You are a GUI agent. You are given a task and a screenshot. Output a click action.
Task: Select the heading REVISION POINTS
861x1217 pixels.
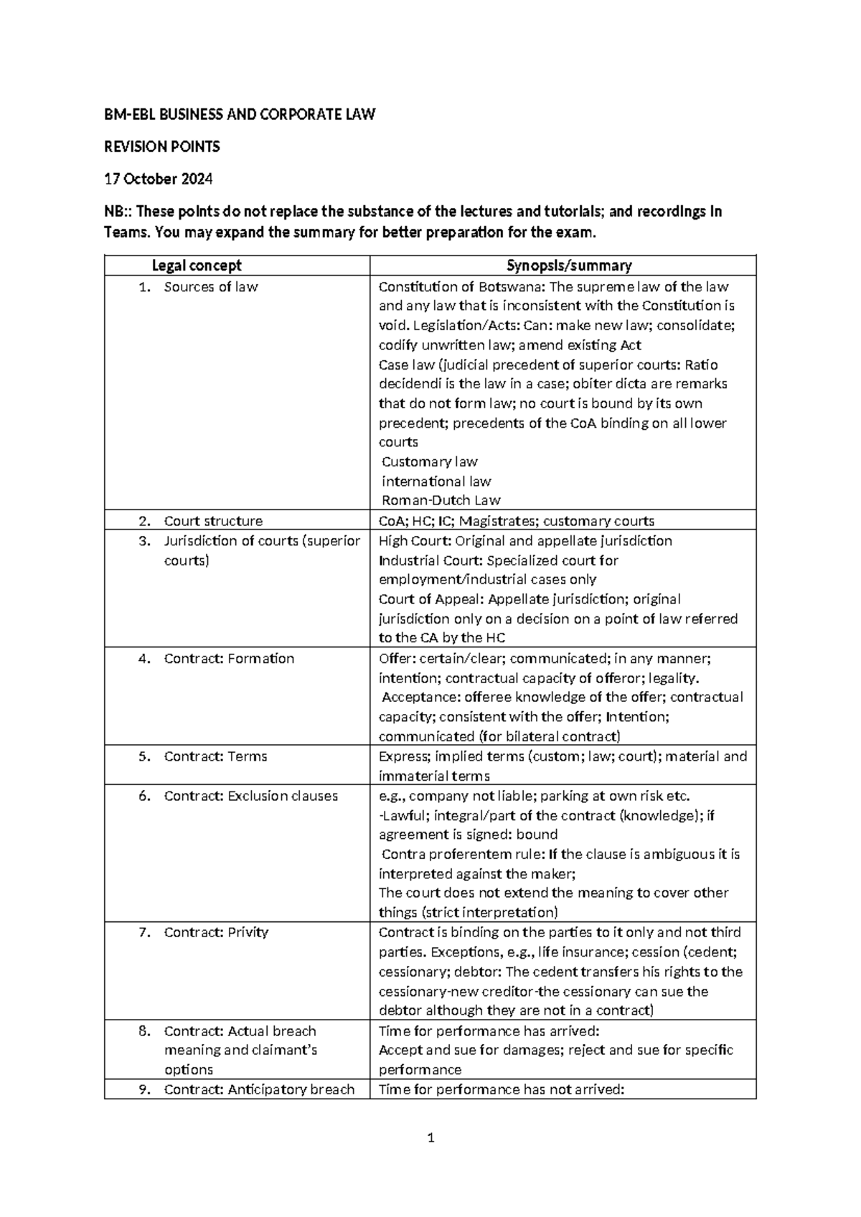[x=162, y=147]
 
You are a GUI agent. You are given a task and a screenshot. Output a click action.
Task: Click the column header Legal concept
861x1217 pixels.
[x=197, y=266]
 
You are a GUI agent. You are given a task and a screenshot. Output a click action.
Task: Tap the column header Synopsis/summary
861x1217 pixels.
[x=569, y=266]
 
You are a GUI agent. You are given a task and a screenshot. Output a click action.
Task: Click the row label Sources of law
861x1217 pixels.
[x=210, y=287]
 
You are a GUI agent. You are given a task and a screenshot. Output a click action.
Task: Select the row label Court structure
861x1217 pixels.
[x=213, y=521]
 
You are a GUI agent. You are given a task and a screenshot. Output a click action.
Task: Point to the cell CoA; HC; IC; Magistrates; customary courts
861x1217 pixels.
[x=516, y=521]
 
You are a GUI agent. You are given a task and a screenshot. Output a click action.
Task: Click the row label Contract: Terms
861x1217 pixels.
[x=215, y=756]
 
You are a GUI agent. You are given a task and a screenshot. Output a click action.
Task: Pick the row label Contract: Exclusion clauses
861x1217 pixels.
[x=250, y=796]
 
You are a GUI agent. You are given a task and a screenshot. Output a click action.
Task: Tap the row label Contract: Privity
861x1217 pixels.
[x=216, y=932]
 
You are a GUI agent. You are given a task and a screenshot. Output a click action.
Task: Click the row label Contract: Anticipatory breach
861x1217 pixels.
[x=259, y=1089]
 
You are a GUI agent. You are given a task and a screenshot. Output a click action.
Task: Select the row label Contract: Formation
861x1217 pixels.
[x=229, y=658]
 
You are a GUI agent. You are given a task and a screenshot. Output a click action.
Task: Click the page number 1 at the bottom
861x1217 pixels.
[x=430, y=1137]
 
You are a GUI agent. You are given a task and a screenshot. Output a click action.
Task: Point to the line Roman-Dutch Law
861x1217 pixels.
[x=441, y=500]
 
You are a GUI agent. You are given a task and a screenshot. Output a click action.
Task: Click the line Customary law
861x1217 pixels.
[x=429, y=461]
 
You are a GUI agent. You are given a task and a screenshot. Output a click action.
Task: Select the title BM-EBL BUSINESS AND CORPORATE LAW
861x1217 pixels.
[x=240, y=115]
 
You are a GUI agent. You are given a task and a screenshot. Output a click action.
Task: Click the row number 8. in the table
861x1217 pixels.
[x=144, y=1030]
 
